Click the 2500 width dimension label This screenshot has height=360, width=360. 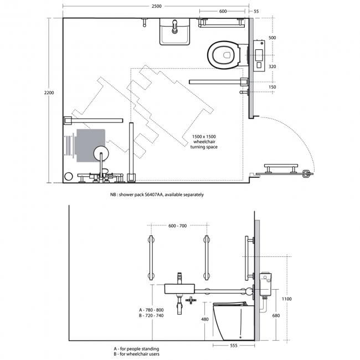pyautogui.click(x=156, y=6)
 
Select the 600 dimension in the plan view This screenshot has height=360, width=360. pyautogui.click(x=222, y=11)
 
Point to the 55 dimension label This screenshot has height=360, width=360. pyautogui.click(x=256, y=11)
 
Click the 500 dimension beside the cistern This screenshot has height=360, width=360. pyautogui.click(x=272, y=38)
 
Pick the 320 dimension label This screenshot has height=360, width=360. pyautogui.click(x=272, y=66)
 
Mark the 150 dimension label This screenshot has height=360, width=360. pyautogui.click(x=272, y=87)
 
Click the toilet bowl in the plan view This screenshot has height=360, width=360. pyautogui.click(x=224, y=54)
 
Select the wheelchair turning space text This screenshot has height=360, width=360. pyautogui.click(x=204, y=141)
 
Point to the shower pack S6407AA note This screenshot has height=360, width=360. pyautogui.click(x=157, y=195)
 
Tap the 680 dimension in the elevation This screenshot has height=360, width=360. pyautogui.click(x=276, y=315)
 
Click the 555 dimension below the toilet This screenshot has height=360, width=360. pyautogui.click(x=234, y=346)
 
